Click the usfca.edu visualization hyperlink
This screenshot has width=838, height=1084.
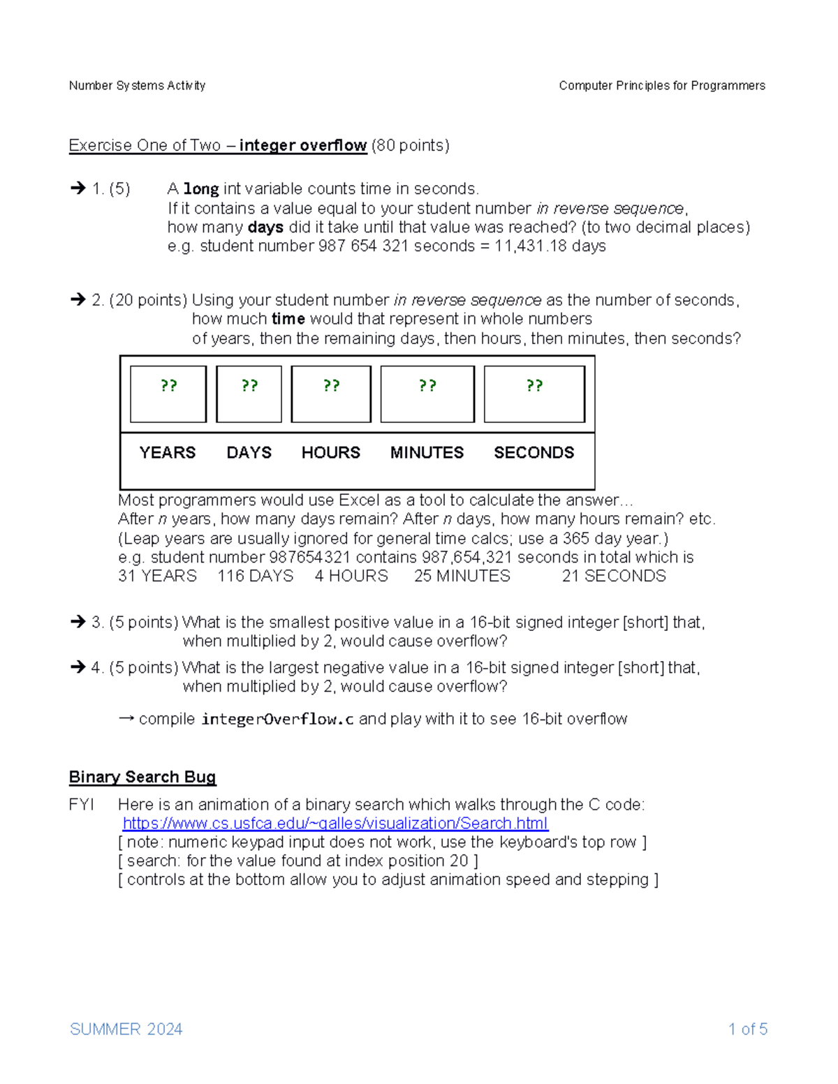[x=335, y=824]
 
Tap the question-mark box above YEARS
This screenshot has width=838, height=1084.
[x=168, y=394]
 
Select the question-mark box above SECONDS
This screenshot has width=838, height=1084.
[x=534, y=394]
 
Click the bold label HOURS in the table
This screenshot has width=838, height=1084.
[x=330, y=452]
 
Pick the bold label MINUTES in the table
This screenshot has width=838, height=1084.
[x=427, y=452]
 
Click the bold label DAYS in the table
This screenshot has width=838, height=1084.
[x=249, y=452]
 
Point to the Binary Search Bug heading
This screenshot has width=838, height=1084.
[x=142, y=777]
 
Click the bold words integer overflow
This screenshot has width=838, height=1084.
[x=303, y=145]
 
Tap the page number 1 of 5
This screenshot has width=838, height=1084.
[x=747, y=1029]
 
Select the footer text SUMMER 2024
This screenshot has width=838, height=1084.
[x=126, y=1029]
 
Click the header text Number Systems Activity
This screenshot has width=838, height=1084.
[x=137, y=85]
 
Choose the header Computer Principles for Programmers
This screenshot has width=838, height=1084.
[x=661, y=85]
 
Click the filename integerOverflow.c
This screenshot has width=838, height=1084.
[x=277, y=719]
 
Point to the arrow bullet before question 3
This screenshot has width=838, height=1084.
[x=78, y=622]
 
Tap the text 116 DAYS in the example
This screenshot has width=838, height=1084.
[x=255, y=576]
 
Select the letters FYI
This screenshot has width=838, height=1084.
[x=81, y=805]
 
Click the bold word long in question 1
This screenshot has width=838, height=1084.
[x=201, y=189]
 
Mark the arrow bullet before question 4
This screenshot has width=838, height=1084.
[x=78, y=667]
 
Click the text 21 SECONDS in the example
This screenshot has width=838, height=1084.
[x=614, y=576]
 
